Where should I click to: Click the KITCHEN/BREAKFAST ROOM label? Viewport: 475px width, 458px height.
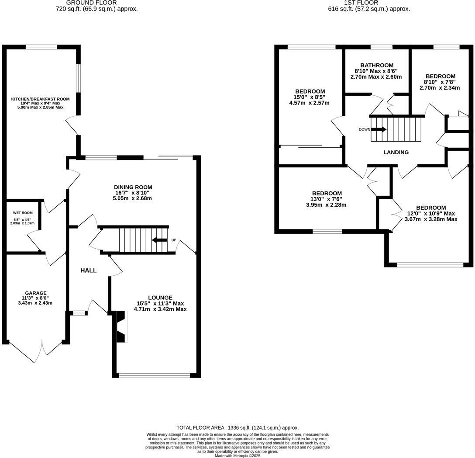click(x=40, y=99)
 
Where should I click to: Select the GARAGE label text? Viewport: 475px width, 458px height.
click(x=36, y=293)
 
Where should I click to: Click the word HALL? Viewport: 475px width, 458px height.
click(x=89, y=271)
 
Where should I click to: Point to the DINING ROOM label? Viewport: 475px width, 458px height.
click(x=134, y=187)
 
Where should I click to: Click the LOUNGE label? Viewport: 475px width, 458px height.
click(x=160, y=298)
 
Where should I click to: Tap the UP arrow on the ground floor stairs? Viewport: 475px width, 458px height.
click(x=159, y=240)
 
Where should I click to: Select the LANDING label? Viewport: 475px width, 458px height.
click(x=396, y=153)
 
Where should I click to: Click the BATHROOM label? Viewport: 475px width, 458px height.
click(x=376, y=66)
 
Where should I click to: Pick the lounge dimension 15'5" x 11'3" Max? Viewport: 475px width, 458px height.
click(x=160, y=303)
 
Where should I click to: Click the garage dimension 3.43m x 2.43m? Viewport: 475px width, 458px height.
click(x=36, y=303)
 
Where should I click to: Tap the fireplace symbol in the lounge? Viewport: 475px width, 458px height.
click(x=120, y=326)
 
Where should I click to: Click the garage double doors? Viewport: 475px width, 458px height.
click(x=36, y=350)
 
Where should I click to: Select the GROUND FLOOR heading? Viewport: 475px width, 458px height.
click(x=91, y=3)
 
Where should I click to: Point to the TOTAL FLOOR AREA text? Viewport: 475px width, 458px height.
click(x=237, y=428)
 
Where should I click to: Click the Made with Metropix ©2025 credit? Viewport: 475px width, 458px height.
click(x=237, y=455)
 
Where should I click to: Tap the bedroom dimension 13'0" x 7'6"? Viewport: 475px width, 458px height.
click(x=327, y=199)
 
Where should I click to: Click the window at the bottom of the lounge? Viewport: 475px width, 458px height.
click(x=155, y=375)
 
